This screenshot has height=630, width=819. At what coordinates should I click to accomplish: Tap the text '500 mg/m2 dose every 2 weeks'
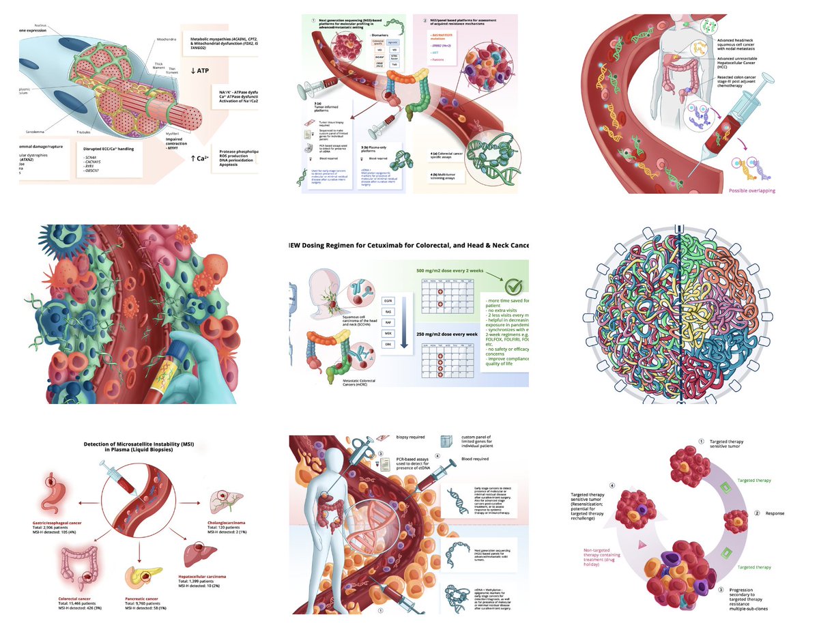[451, 270]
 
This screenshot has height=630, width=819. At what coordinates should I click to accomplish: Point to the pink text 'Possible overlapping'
[752, 190]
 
